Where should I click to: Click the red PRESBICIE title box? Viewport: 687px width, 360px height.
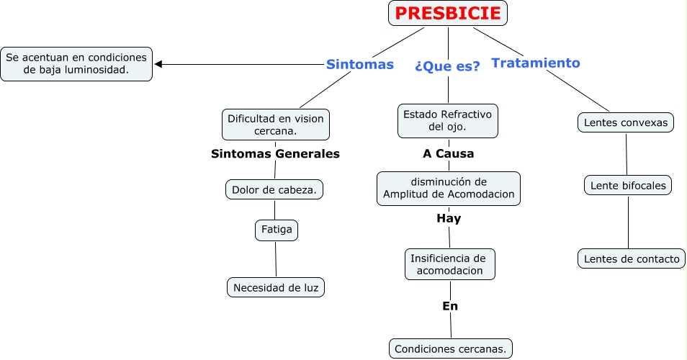click(x=448, y=13)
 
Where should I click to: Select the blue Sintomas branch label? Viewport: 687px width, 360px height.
click(x=359, y=65)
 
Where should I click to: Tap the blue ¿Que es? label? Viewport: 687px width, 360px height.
click(x=447, y=66)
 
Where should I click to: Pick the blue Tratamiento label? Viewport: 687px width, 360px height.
click(x=535, y=63)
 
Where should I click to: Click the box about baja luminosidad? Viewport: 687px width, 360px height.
click(x=76, y=64)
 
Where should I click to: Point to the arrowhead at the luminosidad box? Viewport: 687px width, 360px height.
click(x=158, y=64)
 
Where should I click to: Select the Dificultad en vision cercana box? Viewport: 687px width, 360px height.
click(x=275, y=125)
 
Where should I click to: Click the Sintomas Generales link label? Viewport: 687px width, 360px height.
click(x=275, y=153)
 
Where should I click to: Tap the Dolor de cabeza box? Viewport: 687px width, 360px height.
click(x=274, y=189)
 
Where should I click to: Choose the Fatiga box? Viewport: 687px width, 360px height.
click(x=277, y=230)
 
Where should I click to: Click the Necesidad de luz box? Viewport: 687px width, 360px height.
click(x=276, y=288)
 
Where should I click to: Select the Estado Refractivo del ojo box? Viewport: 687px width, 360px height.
click(x=447, y=120)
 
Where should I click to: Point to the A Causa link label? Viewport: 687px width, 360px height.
click(x=448, y=153)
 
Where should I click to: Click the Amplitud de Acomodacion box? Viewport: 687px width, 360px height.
click(x=449, y=188)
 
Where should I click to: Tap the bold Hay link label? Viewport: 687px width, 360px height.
click(x=449, y=218)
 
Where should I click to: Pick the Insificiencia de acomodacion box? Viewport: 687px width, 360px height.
click(x=449, y=264)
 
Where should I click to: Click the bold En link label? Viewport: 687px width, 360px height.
click(x=450, y=306)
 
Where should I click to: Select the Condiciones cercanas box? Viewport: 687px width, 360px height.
click(x=451, y=349)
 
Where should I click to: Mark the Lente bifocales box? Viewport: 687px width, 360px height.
click(x=627, y=186)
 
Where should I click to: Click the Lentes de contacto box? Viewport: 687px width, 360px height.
click(x=631, y=258)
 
